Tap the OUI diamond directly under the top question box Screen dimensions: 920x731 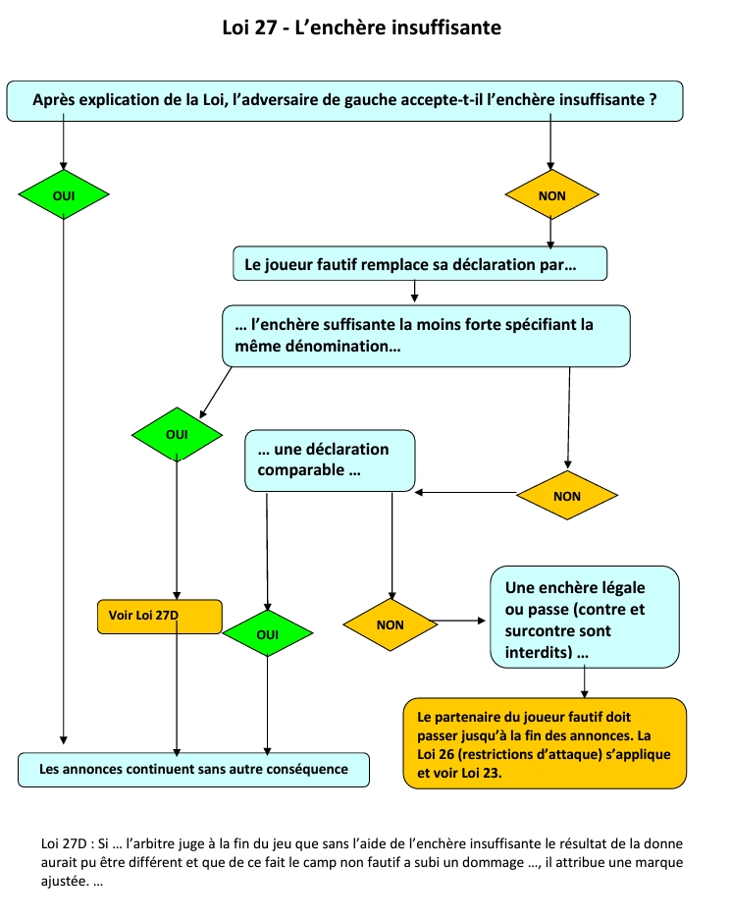tap(63, 194)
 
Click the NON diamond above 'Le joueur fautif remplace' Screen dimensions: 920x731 tap(551, 194)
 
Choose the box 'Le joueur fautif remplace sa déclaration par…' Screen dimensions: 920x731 tap(420, 263)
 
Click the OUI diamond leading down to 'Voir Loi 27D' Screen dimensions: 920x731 tap(177, 433)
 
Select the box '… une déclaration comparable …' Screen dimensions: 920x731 tap(330, 460)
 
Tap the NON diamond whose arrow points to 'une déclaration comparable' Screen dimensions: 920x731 tap(567, 496)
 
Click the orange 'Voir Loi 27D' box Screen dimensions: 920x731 tap(160, 616)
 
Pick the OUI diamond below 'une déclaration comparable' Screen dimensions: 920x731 tap(267, 634)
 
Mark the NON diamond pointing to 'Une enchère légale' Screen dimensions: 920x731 tap(390, 623)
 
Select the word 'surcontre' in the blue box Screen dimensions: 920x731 tap(541, 631)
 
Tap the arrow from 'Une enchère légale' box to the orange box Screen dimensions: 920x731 tap(585, 681)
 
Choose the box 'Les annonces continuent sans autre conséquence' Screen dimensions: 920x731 tap(193, 769)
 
